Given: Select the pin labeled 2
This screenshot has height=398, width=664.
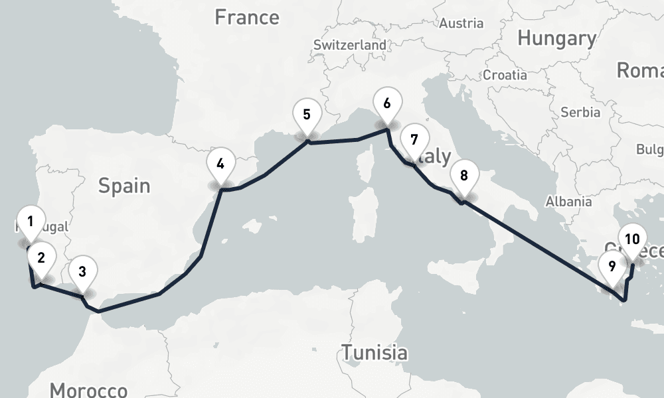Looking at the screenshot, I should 41,258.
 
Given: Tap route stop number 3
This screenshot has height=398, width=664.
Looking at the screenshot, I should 82,271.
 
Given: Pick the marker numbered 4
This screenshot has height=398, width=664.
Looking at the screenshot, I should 220,163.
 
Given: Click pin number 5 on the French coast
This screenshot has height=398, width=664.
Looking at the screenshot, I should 307,114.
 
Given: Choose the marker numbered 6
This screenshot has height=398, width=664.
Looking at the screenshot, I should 387,103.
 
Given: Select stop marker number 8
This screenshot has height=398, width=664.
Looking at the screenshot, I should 463,176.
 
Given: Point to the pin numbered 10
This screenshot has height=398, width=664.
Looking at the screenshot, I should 632,240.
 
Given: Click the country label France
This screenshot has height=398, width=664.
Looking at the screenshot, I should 247,17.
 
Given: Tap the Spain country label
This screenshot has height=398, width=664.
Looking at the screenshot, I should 124,186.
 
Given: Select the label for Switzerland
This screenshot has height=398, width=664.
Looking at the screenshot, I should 350,46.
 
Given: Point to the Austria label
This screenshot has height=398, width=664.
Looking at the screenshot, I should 461,23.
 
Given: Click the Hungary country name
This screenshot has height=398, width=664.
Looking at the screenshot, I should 556,38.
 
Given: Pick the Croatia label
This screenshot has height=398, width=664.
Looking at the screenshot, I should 505,75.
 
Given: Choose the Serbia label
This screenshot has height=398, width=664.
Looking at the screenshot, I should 580,112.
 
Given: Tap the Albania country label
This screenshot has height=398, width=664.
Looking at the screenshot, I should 568,202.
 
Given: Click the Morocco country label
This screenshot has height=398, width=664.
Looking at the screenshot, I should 88,389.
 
